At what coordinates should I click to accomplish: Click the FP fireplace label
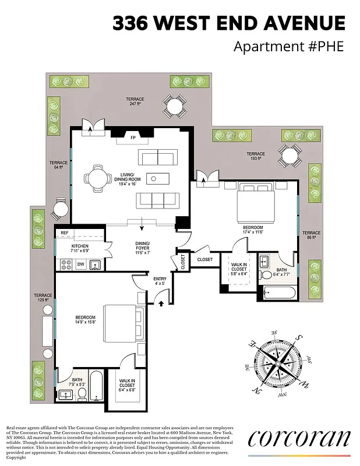pos(132,138)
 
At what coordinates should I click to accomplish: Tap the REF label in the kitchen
pos(65,233)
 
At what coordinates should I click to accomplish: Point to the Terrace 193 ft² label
pos(255,155)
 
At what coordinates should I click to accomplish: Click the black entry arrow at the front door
pos(161,301)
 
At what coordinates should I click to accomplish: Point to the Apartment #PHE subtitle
pos(289,47)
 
